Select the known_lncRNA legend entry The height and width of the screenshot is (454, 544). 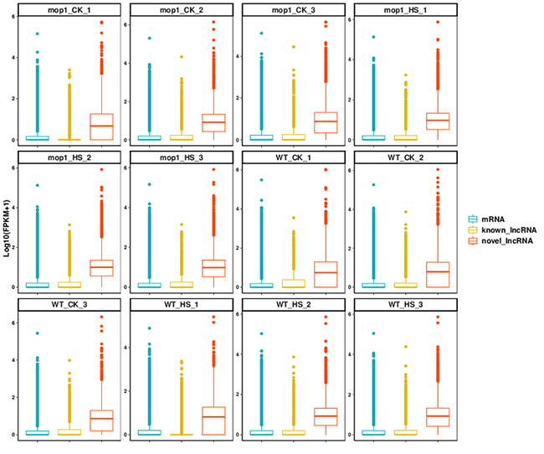pyautogui.click(x=497, y=228)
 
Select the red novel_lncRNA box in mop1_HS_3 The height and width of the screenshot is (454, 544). pyautogui.click(x=214, y=268)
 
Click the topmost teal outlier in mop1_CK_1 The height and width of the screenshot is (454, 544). pyautogui.click(x=38, y=34)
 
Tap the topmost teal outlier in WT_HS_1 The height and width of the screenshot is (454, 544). pyautogui.click(x=151, y=328)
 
